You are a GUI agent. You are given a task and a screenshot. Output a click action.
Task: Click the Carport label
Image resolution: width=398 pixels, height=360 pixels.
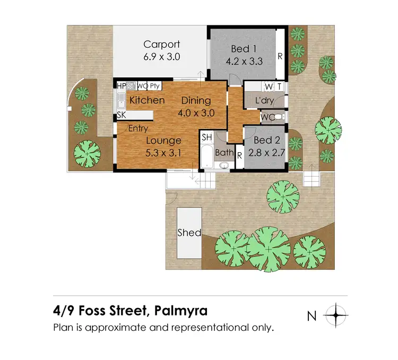click(x=161, y=45)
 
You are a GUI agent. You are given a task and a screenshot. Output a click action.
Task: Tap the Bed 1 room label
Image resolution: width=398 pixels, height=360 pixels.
click(x=244, y=49)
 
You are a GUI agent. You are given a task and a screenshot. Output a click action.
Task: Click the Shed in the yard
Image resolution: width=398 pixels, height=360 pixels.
click(x=189, y=232)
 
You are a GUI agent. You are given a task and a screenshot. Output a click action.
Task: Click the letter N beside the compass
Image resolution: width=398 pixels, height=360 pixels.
click(x=312, y=317)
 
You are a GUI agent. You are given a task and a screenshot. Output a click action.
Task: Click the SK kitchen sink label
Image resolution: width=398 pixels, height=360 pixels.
click(x=122, y=115)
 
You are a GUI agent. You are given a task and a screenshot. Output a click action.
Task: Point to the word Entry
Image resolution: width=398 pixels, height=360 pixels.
click(x=138, y=128)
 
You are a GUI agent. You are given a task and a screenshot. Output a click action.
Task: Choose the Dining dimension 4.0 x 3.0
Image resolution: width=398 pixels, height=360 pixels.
click(x=196, y=112)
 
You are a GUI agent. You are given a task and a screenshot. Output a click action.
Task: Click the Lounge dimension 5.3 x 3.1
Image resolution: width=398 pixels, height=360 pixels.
click(x=164, y=153)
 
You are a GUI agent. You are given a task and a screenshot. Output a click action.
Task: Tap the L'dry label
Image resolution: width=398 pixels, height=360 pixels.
click(x=264, y=100)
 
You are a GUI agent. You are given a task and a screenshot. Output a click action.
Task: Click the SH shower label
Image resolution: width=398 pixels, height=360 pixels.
click(x=207, y=137)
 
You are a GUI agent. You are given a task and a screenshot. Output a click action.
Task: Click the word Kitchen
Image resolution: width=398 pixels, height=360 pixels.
click(x=147, y=100)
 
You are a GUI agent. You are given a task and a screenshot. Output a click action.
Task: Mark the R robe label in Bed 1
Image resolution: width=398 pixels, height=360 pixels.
click(x=280, y=56)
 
